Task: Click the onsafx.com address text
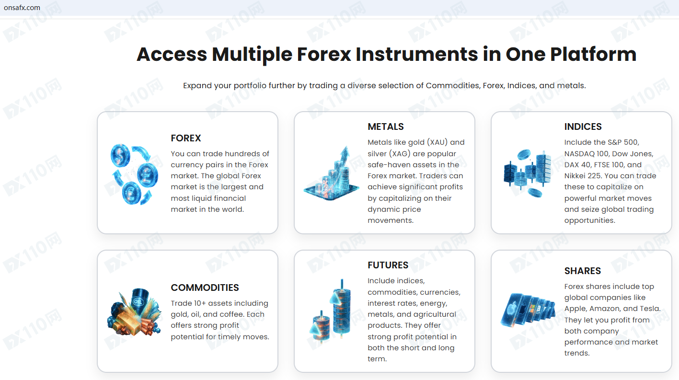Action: (x=22, y=8)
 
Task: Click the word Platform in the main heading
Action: (x=593, y=55)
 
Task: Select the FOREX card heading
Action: (x=186, y=138)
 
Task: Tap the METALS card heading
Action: (x=386, y=127)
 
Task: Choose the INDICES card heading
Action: (x=583, y=127)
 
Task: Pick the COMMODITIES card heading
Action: (x=205, y=288)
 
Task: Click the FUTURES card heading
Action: (x=388, y=265)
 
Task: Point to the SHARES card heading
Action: (x=583, y=271)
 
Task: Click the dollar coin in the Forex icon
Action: (x=120, y=155)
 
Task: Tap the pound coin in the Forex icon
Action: (x=147, y=175)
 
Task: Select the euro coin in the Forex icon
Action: (x=131, y=193)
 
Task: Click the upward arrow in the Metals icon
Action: (x=345, y=156)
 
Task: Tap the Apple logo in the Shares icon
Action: (x=512, y=309)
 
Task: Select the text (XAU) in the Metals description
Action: (x=437, y=142)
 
